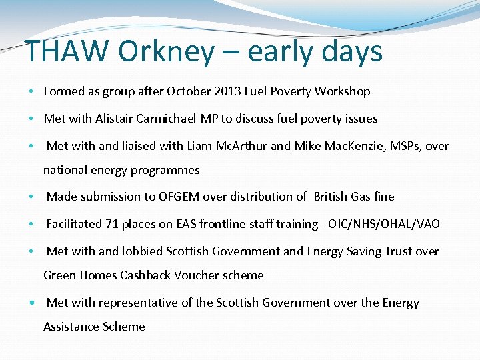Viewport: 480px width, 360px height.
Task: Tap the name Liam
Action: coord(201,146)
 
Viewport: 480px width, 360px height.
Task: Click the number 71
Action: coord(112,224)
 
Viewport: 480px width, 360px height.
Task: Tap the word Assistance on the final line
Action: coord(71,327)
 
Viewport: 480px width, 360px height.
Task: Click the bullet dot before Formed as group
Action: coord(32,92)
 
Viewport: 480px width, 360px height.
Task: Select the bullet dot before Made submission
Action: coord(32,197)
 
